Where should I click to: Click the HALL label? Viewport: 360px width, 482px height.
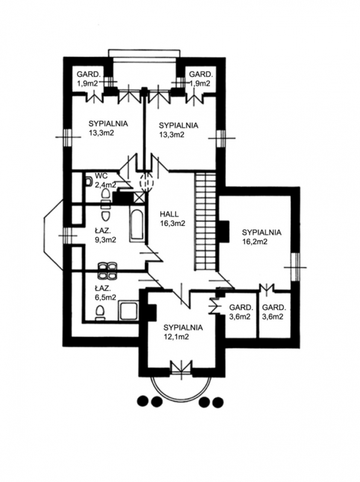click(169, 214)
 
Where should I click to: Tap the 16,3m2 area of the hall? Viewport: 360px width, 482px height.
click(172, 224)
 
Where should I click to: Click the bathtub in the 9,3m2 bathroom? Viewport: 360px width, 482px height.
click(136, 225)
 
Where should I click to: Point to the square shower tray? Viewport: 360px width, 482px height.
click(128, 310)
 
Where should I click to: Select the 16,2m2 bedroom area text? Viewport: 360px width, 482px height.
click(254, 242)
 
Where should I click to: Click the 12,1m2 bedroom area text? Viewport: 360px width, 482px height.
click(176, 337)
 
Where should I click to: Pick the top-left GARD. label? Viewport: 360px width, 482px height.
click(89, 74)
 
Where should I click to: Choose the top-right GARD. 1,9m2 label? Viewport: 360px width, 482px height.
click(201, 79)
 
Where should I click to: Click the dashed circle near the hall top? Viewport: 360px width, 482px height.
click(147, 181)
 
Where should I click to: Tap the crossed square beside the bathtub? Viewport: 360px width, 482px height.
click(139, 198)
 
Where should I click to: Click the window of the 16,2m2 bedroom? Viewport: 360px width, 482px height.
click(295, 267)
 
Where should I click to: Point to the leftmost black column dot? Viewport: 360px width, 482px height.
click(142, 401)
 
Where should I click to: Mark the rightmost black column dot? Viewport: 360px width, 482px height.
click(218, 401)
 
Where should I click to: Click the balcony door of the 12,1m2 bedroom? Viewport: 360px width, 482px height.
click(182, 368)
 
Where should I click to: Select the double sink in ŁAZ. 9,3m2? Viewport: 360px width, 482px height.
click(107, 271)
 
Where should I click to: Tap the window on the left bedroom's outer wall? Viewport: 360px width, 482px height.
click(68, 137)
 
